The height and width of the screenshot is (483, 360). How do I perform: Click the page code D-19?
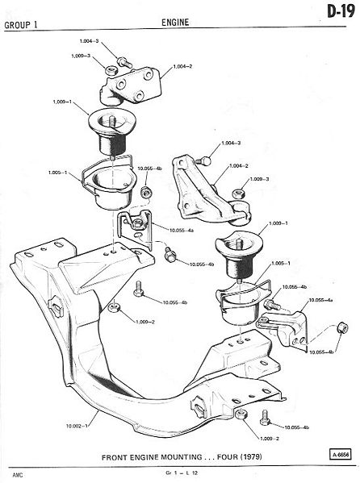[341, 12]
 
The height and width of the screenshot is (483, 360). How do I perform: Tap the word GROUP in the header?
[18, 25]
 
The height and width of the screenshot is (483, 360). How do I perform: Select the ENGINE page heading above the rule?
[175, 23]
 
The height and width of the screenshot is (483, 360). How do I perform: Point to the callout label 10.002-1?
[77, 426]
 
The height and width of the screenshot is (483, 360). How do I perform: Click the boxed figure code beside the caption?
[341, 455]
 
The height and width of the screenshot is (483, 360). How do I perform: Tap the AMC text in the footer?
[18, 475]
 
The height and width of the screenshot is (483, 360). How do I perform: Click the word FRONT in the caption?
[114, 457]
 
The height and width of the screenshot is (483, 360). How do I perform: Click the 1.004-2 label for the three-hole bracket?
[182, 66]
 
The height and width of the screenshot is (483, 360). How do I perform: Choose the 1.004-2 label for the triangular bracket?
[239, 166]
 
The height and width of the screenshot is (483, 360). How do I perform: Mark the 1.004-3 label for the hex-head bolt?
[89, 40]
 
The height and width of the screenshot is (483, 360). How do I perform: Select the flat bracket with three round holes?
[131, 86]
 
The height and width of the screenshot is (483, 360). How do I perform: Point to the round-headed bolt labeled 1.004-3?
[203, 160]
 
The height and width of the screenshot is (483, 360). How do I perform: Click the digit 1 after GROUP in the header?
[36, 25]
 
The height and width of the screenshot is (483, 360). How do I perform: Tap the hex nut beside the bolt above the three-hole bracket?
[111, 70]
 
